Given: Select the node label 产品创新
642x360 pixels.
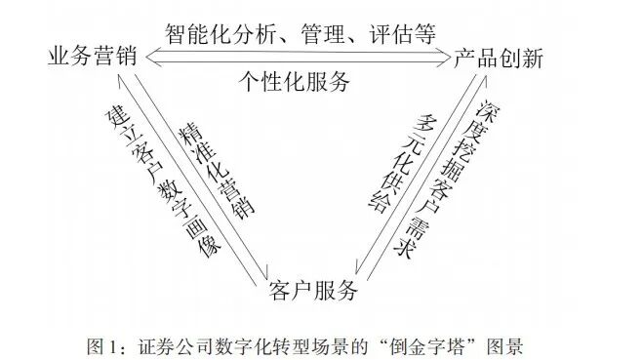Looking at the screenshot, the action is click(x=499, y=58).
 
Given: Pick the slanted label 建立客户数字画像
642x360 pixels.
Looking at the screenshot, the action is click(x=162, y=180).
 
